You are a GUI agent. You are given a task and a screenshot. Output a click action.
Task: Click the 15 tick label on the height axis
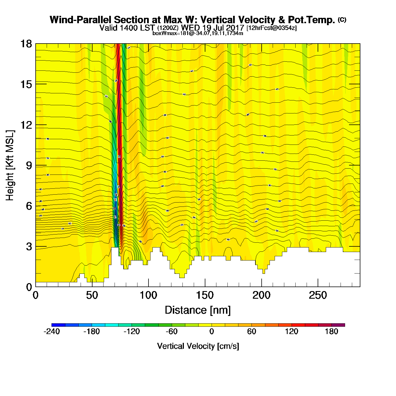26,84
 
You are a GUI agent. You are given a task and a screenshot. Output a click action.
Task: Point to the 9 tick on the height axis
29,165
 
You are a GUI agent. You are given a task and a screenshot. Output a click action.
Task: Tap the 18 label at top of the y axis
26,44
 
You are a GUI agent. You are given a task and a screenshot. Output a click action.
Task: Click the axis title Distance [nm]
198,310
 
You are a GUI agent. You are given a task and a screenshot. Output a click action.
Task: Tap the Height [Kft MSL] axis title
10,165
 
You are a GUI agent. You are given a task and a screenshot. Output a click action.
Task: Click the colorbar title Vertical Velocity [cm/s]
198,346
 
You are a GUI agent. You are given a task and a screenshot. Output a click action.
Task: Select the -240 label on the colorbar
52,332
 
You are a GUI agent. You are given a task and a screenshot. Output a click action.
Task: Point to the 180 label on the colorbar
332,332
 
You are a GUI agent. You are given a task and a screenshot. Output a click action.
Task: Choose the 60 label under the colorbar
251,332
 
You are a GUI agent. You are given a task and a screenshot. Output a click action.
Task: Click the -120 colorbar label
132,332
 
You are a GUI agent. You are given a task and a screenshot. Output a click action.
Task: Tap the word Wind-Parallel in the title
81,20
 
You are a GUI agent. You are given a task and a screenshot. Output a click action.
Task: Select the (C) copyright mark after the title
342,20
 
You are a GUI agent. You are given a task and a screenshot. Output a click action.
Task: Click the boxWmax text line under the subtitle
198,33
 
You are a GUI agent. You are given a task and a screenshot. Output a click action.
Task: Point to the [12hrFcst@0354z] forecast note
272,28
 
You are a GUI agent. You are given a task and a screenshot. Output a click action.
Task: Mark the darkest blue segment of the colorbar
59,325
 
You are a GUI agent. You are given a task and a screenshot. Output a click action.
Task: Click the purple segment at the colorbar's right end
338,325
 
